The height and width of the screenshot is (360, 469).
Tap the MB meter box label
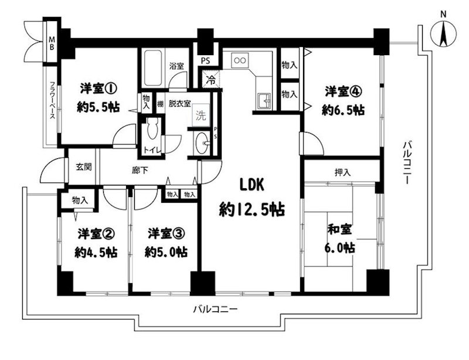tap(52, 43)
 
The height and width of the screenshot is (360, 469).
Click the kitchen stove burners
tap(239, 59)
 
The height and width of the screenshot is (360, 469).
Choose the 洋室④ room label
tap(342, 91)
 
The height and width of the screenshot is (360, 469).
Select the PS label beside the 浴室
tap(205, 60)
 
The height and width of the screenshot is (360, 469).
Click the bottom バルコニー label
tap(215, 309)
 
